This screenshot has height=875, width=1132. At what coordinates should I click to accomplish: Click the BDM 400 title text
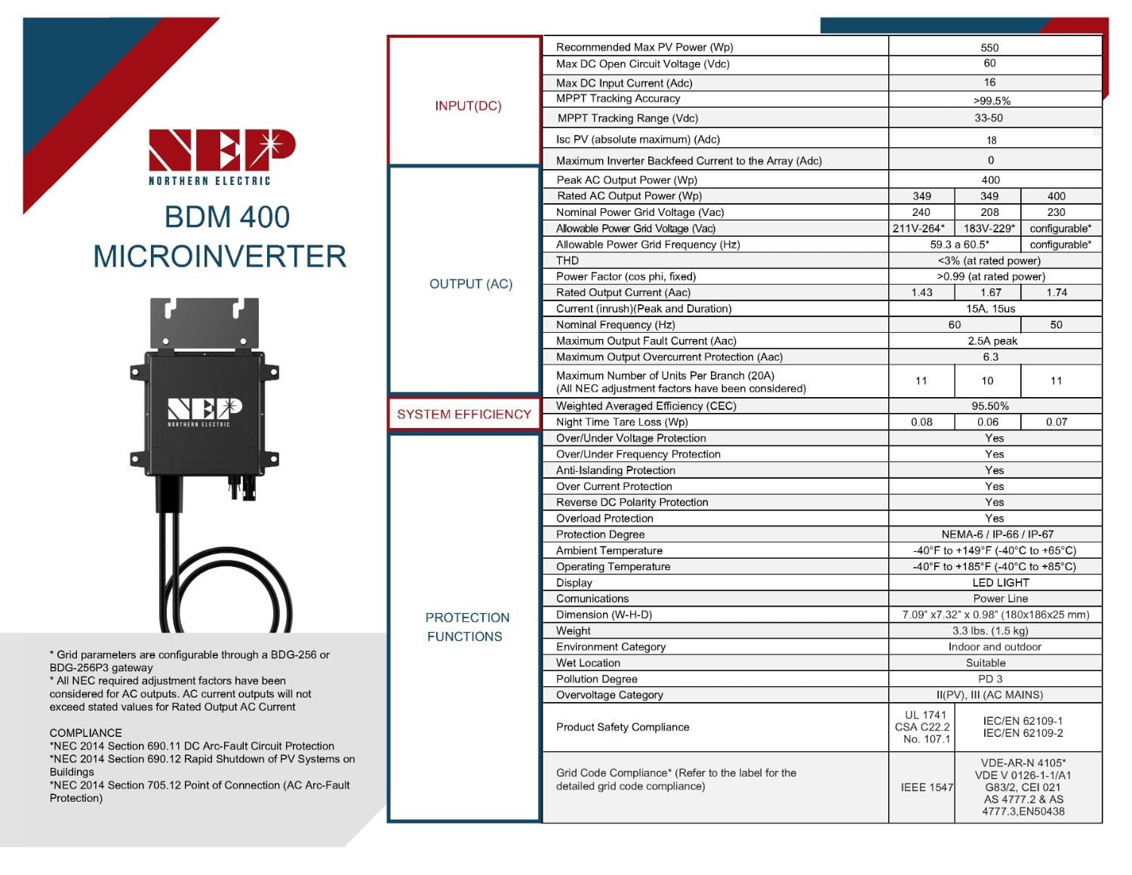[226, 217]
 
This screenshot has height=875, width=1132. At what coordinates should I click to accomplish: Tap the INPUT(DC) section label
[468, 106]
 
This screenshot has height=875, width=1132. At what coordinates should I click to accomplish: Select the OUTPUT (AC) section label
[470, 284]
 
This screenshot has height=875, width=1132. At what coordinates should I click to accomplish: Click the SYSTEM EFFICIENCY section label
[464, 414]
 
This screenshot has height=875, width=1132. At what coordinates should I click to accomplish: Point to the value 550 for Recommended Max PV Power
[989, 48]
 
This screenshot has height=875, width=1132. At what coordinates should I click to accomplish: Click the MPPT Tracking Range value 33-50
[989, 119]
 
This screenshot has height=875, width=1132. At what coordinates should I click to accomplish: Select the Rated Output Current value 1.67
[990, 293]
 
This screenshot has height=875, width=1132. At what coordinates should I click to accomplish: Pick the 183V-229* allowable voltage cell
[989, 229]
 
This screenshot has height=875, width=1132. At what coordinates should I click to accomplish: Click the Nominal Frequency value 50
[1056, 325]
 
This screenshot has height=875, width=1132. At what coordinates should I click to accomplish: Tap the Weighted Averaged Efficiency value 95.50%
[990, 406]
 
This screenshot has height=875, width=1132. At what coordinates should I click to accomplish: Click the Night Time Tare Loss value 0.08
[921, 423]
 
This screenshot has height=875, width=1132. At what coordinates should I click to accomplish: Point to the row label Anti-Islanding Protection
[615, 470]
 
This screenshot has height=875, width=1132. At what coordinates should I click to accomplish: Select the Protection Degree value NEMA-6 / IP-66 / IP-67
[997, 535]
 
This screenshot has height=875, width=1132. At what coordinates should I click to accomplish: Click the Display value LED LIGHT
[1001, 583]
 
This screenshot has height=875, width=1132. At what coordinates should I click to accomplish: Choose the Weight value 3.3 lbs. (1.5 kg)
[990, 631]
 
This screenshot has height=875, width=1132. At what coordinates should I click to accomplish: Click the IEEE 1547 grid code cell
[927, 787]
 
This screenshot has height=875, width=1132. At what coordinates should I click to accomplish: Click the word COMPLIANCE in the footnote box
[85, 733]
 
